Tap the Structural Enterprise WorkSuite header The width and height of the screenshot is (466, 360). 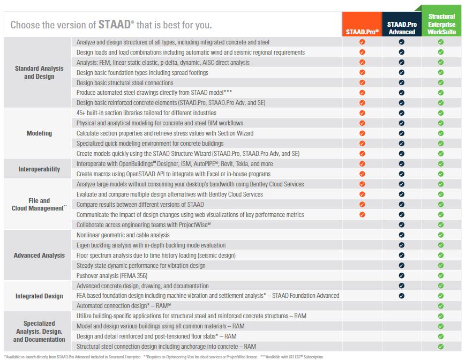[441, 25]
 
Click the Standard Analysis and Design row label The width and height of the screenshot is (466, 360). [39, 72]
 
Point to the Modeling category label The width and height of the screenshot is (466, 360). [39, 133]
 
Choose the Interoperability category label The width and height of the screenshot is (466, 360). [39, 169]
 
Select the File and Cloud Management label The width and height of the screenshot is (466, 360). [39, 205]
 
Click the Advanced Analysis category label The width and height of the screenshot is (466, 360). [39, 256]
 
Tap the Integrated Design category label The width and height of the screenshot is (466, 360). [39, 296]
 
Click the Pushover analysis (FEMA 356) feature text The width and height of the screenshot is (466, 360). [111, 276]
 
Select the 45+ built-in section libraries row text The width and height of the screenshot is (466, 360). [139, 113]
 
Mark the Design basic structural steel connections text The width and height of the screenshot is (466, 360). [125, 82]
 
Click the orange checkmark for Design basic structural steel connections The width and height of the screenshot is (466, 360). [362, 82]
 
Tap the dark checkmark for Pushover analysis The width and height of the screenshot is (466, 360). [401, 276]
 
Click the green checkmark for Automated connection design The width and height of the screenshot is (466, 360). [441, 306]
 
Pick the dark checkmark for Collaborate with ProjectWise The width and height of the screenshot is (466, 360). [401, 225]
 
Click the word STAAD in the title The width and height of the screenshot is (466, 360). [113, 25]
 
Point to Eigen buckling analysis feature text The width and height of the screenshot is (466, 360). [151, 245]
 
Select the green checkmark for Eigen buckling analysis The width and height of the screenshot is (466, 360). [441, 245]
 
